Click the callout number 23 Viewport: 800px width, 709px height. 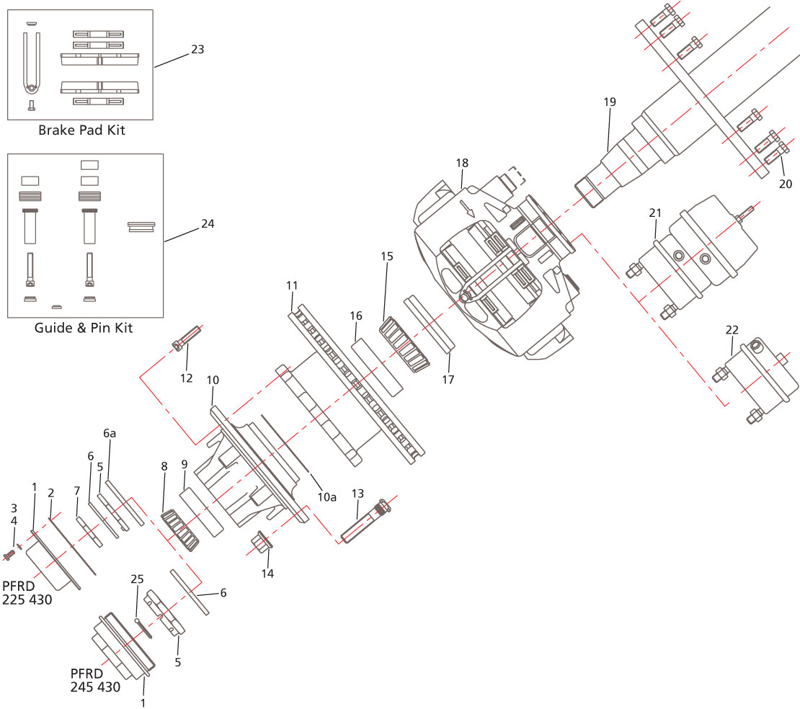pyautogui.click(x=197, y=50)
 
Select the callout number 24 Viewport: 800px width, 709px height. pyautogui.click(x=208, y=223)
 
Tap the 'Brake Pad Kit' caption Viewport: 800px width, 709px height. pyautogui.click(x=81, y=130)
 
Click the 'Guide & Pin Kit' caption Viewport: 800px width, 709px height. pyautogui.click(x=84, y=328)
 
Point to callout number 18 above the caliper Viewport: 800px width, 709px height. pyautogui.click(x=462, y=163)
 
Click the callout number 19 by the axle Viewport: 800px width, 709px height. pyautogui.click(x=610, y=102)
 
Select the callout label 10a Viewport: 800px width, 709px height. pyautogui.click(x=327, y=496)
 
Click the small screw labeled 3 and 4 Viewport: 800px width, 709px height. pyautogui.click(x=10, y=556)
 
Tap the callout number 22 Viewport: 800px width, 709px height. pyautogui.click(x=732, y=329)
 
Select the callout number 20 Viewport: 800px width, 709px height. pyautogui.click(x=785, y=183)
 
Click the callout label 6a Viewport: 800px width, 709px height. pyautogui.click(x=109, y=433)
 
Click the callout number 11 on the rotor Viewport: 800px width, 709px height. pyautogui.click(x=291, y=285)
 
